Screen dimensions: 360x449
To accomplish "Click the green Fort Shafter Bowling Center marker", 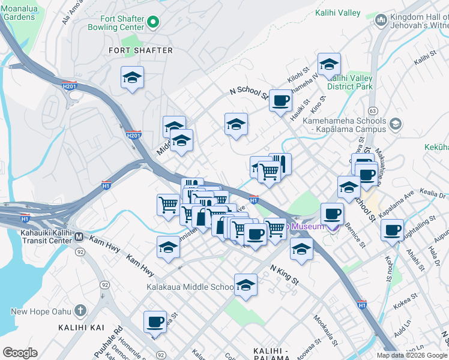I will tap(154, 23).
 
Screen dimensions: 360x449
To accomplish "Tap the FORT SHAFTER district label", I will tap(140, 50).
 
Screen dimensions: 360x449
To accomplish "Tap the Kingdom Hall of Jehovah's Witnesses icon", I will tap(380, 22).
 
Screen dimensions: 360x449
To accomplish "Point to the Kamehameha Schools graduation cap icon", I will tap(395, 124).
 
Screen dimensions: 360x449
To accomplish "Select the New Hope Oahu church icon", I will tap(80, 311).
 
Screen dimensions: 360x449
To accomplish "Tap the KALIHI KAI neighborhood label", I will tap(80, 327).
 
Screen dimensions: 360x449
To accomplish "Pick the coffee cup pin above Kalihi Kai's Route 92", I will tap(155, 322).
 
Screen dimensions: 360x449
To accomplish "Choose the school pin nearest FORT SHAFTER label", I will tap(132, 78).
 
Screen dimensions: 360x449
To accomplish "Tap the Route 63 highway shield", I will tap(373, 110).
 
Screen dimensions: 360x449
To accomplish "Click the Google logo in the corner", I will tap(20, 353).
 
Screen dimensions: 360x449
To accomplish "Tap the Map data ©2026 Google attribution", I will tap(411, 355).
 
